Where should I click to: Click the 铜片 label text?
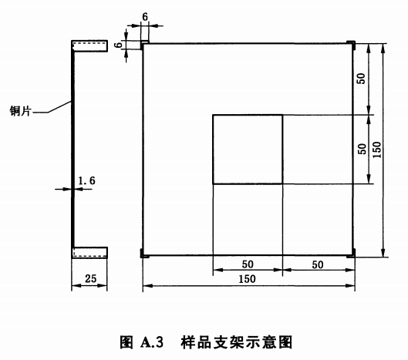[20, 111]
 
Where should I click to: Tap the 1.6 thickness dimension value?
[87, 180]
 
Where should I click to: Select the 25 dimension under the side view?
[91, 278]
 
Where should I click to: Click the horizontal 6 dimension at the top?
[145, 17]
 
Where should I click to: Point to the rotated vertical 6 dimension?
[119, 45]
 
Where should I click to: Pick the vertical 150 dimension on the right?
[377, 150]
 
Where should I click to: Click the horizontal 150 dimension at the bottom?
[247, 279]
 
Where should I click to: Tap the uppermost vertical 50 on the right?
[361, 79]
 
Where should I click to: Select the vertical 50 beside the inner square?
[362, 149]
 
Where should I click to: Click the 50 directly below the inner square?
[248, 264]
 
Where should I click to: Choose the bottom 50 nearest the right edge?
[318, 265]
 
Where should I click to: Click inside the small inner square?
[248, 150]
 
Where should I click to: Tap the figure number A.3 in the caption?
[152, 341]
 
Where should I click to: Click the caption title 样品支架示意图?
[236, 341]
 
